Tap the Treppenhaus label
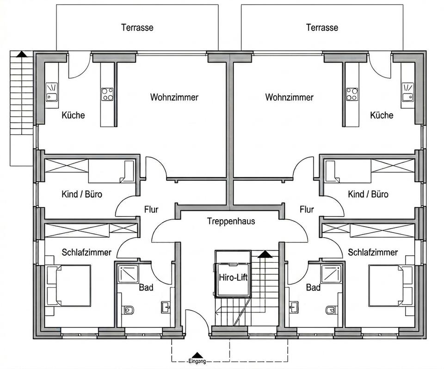[231, 221]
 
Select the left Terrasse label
[137, 27]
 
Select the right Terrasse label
[322, 27]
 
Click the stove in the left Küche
[107, 94]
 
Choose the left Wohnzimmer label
[174, 98]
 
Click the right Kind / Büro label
[368, 194]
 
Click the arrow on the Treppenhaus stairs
[264, 254]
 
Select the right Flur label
[307, 209]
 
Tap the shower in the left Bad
[127, 274]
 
